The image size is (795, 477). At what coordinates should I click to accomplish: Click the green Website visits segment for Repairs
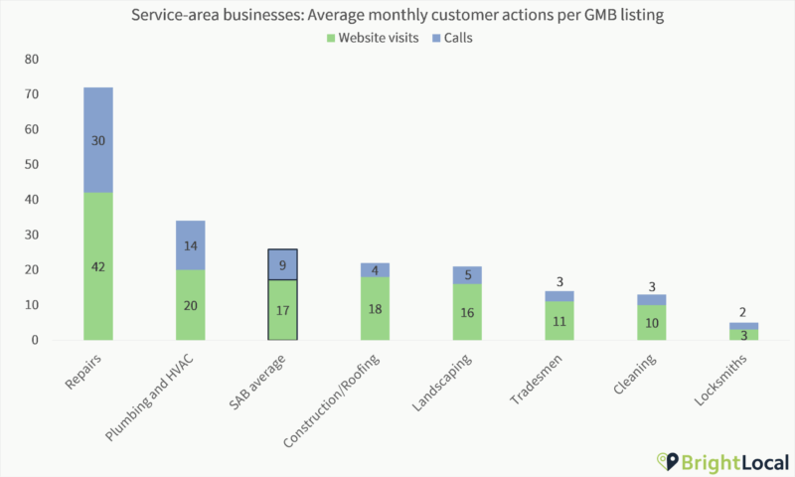pyautogui.click(x=97, y=266)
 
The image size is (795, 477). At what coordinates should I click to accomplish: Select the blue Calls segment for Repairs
pyautogui.click(x=97, y=140)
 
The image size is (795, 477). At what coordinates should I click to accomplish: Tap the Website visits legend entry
pyautogui.click(x=379, y=39)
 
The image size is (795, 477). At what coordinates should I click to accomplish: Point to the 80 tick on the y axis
pyautogui.click(x=31, y=60)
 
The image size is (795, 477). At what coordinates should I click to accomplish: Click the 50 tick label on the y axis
pyautogui.click(x=31, y=165)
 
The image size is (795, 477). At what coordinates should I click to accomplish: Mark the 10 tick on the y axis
pyautogui.click(x=31, y=305)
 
